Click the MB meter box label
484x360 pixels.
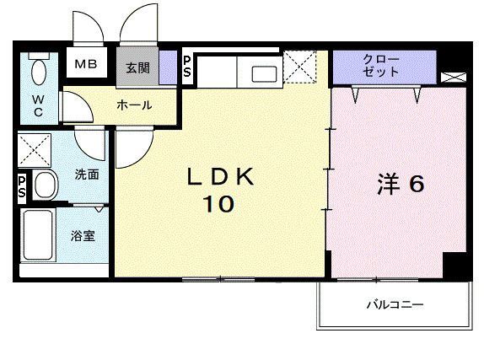pos(86,64)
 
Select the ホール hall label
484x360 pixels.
pos(135,105)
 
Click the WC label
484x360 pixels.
pos(38,105)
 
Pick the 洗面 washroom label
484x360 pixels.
pos(87,175)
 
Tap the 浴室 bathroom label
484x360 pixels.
pos(83,236)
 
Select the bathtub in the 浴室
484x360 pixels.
pos(37,236)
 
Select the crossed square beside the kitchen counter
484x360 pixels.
pos(300,67)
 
